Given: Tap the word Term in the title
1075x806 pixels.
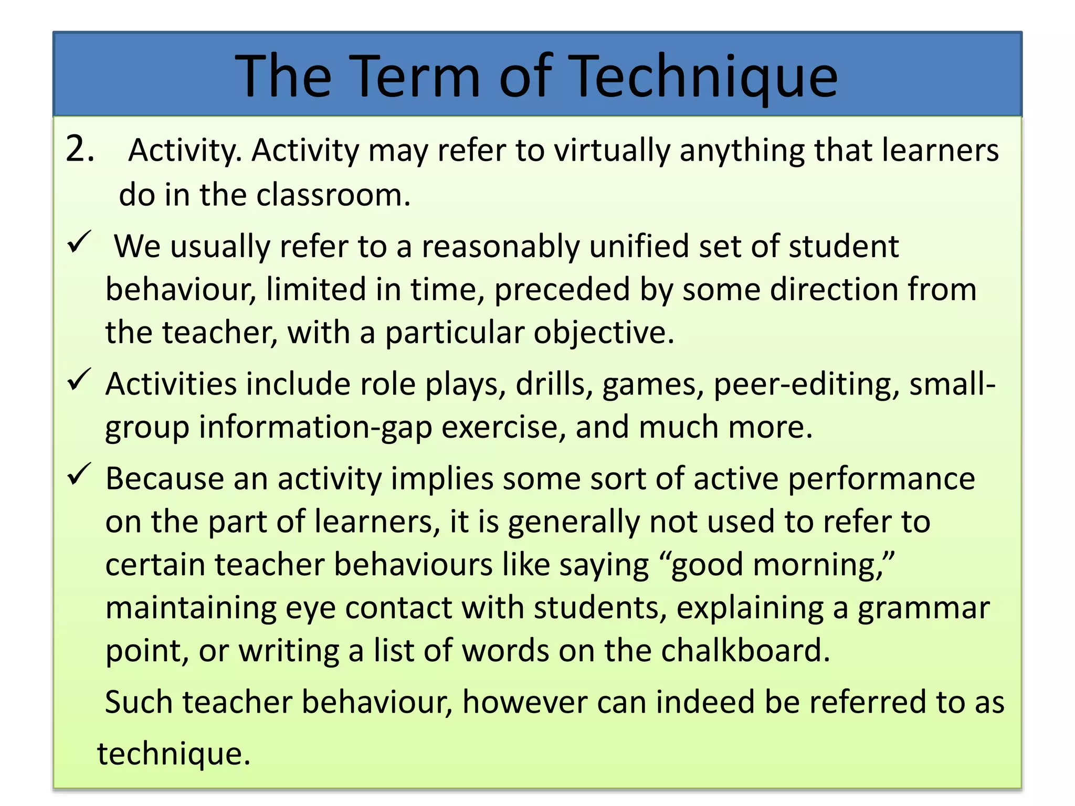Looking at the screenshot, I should [x=414, y=77].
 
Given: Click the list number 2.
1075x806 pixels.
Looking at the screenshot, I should [x=80, y=150].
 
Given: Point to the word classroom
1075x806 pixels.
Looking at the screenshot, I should [x=333, y=195].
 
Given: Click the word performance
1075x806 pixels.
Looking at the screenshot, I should [x=881, y=480].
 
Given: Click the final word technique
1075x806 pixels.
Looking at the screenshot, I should [x=173, y=755].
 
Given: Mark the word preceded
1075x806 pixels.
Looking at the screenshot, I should [x=562, y=290].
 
